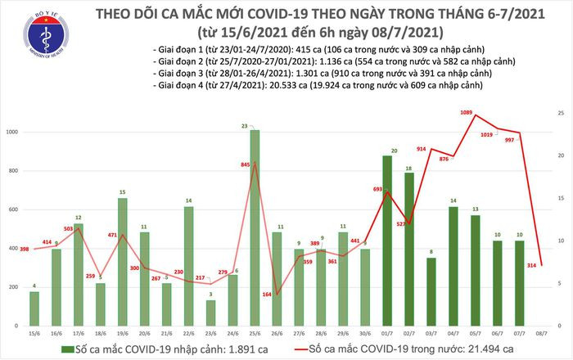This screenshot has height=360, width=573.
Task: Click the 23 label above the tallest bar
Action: (255, 125)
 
